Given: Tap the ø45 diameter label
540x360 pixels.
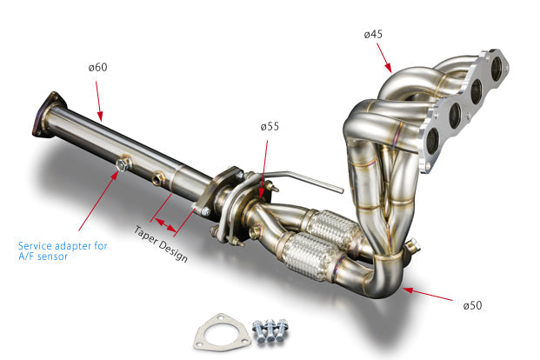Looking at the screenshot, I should coord(374,35).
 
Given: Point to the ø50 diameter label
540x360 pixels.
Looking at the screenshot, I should coord(472,305).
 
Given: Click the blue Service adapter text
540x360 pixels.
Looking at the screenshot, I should coord(63,251).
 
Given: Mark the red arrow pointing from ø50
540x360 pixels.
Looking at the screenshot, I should coord(430,295).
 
